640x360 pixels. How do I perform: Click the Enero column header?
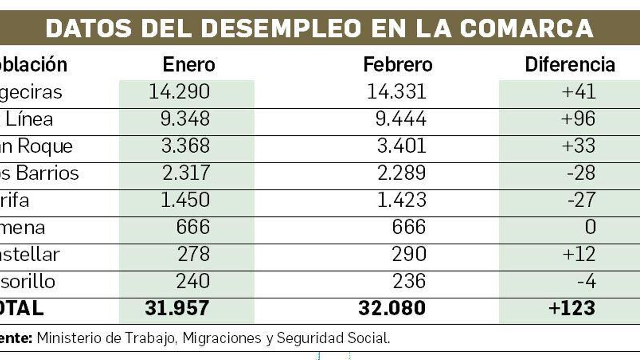189,65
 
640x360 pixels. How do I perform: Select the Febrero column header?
398,65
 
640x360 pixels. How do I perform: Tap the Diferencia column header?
570,65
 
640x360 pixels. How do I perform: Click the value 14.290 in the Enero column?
179,92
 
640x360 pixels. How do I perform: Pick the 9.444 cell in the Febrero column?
401,119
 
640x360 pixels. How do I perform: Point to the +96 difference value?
578,119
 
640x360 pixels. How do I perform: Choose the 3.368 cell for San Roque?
185,146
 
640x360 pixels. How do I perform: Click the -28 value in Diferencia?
581,173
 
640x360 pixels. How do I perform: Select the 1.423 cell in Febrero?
402,200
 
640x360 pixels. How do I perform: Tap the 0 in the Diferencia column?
590,227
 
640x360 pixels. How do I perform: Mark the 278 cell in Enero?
193,254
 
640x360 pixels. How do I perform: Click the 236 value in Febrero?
409,282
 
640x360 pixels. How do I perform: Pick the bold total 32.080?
392,308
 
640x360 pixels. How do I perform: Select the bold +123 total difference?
572,308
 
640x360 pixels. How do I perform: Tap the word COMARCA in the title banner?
526,28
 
